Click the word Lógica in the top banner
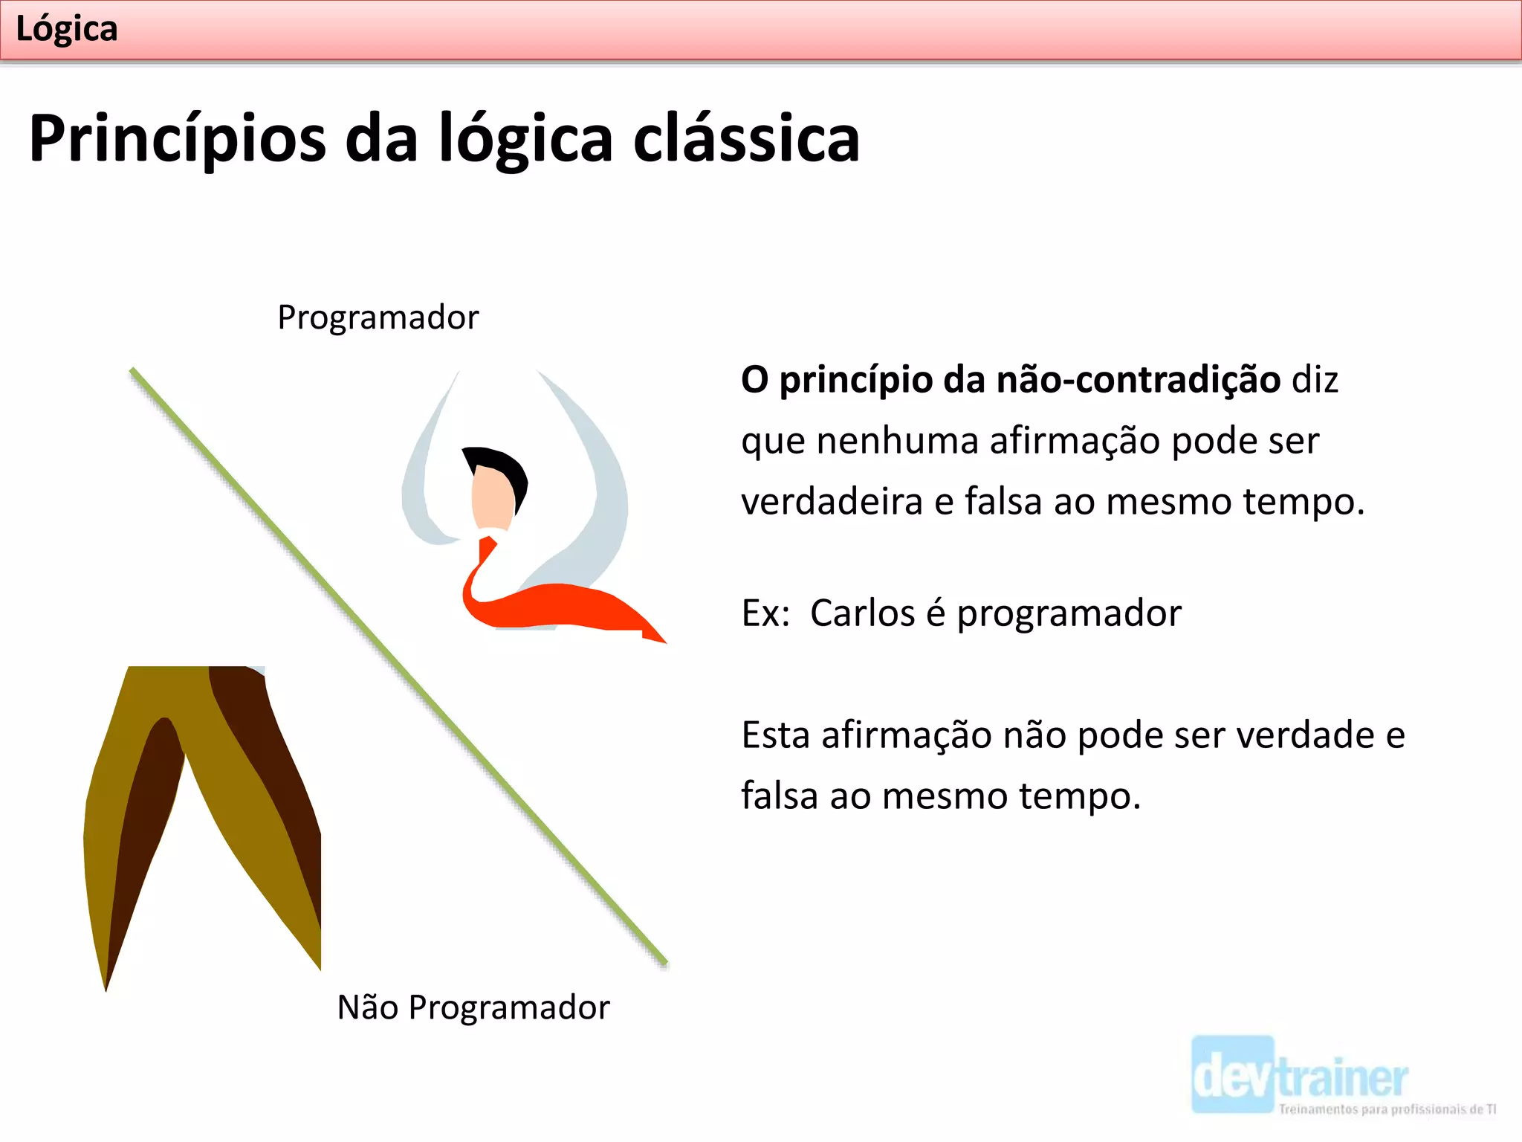66,30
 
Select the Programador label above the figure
378,317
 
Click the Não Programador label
473,1007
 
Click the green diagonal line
398,668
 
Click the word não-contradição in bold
1138,380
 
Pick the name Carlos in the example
862,613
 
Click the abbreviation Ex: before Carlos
765,613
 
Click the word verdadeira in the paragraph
832,501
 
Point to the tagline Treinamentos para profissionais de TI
1387,1109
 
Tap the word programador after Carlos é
1068,613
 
